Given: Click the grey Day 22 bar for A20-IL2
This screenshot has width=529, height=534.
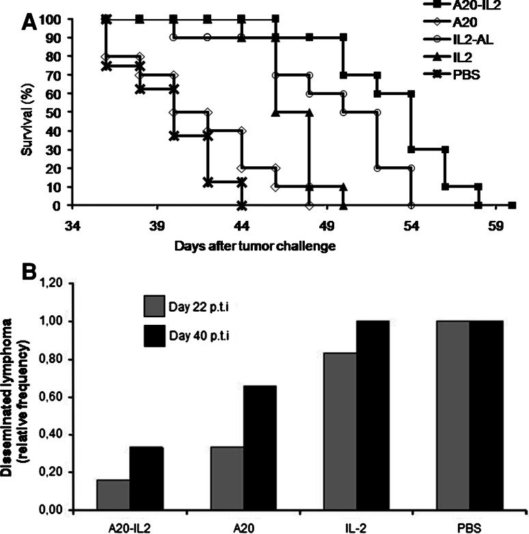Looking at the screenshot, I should click(x=113, y=494).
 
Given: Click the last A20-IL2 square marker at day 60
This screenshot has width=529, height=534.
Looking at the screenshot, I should click(x=512, y=205).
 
